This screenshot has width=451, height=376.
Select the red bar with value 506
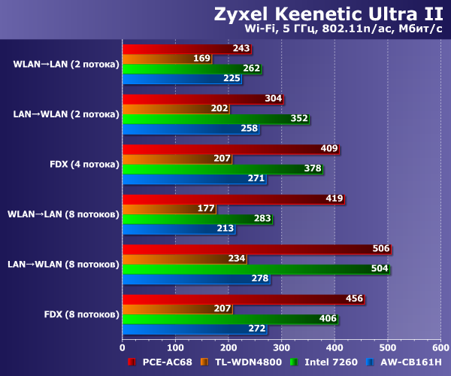(256, 250)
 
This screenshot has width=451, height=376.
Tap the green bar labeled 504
(256, 269)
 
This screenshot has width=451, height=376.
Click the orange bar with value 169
(165, 59)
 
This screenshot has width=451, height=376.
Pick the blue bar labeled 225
(180, 78)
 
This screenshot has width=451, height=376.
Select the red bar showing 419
(233, 199)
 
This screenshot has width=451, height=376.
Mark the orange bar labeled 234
(184, 259)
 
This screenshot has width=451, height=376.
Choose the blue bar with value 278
(195, 279)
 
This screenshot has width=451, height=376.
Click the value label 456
(354, 299)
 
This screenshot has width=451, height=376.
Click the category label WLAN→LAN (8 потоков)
(63, 214)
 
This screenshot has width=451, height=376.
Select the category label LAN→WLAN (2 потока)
(66, 114)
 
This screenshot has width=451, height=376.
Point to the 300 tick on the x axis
(281, 347)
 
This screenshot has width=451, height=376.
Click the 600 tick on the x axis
(440, 347)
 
